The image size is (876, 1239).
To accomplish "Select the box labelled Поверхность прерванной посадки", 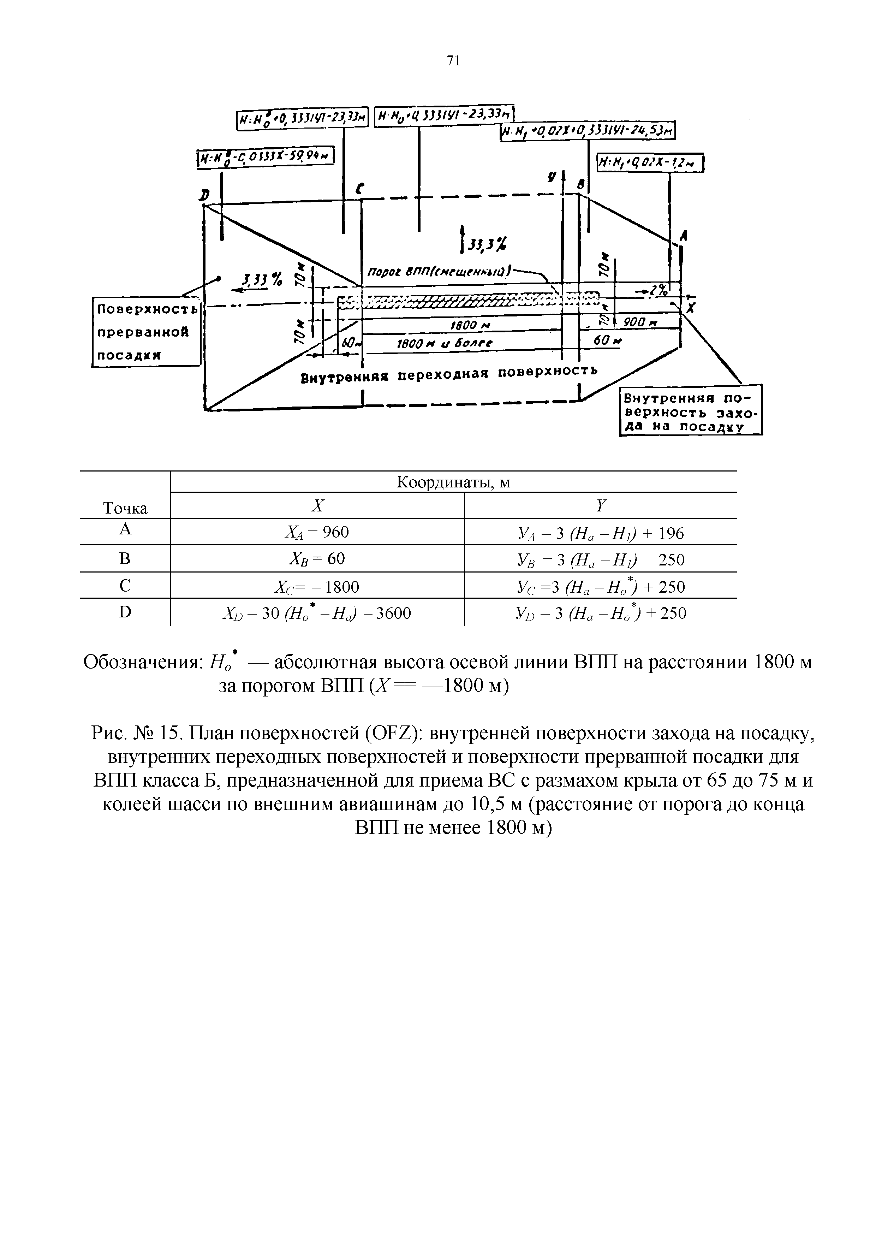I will coord(145,332).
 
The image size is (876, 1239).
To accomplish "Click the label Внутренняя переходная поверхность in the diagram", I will coord(449,374).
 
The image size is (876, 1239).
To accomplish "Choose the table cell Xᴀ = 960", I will coord(317,533).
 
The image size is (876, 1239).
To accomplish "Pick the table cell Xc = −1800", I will coord(317,586).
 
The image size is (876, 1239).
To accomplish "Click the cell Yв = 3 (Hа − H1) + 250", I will coord(600,559).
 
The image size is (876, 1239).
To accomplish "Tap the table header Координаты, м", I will coord(453,482).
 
